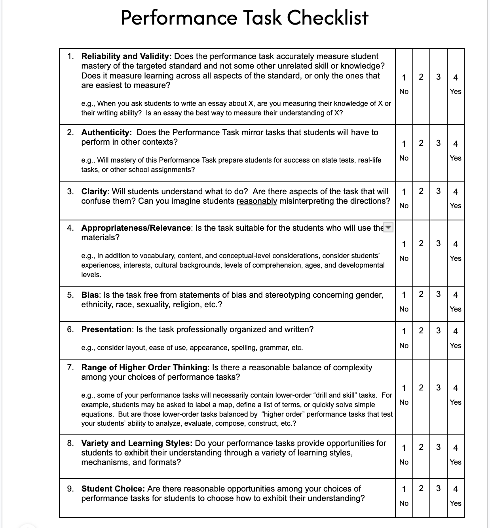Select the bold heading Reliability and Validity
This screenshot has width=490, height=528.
[x=126, y=56]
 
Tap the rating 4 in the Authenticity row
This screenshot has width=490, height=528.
[x=455, y=143]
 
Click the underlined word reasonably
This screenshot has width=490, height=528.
[x=256, y=201]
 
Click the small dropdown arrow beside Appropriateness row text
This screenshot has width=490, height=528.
[x=389, y=228]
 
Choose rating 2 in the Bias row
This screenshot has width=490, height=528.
[x=421, y=294]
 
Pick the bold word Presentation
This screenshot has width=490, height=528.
[x=106, y=329]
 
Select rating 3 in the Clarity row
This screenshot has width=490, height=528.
[x=438, y=191]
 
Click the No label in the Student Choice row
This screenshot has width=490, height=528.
[x=404, y=503]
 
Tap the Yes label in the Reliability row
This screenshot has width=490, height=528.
[x=455, y=92]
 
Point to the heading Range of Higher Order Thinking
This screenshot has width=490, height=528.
[x=144, y=367]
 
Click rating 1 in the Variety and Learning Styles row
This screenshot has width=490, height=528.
[x=404, y=448]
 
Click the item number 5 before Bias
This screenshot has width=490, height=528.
[x=70, y=295]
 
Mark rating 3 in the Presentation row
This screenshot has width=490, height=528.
[x=438, y=331]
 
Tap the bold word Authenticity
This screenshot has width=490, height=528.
[x=106, y=132]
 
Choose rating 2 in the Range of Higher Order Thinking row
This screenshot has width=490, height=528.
[x=421, y=387]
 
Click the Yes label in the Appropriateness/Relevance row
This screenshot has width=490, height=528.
[x=455, y=258]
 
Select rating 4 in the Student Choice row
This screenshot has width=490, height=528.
[x=455, y=489]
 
